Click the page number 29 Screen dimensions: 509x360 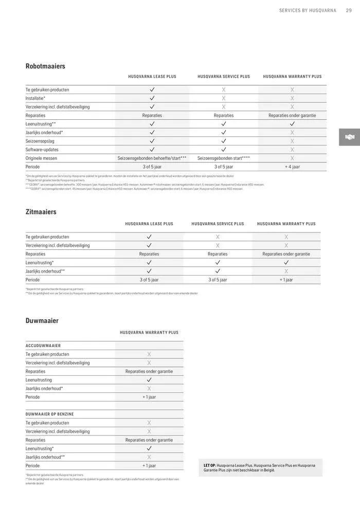coord(349,10)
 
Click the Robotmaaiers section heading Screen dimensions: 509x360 coord(45,66)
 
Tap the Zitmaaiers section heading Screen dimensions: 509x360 coord(41,212)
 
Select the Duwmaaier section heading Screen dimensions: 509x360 coord(42,321)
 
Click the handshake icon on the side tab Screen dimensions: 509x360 coord(350,137)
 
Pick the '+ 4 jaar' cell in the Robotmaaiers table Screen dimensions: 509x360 coord(292,167)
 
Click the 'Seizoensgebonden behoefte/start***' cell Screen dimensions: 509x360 coord(152,158)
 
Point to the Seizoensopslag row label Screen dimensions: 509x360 coord(40,141)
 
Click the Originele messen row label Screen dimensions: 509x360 coord(41,158)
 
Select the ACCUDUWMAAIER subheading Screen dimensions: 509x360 coord(43,346)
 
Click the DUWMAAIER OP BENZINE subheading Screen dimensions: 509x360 coord(50,414)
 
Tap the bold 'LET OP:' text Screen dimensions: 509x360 coord(210,465)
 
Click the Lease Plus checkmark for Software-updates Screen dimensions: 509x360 coord(152,150)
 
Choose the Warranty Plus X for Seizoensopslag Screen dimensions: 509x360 coord(292,141)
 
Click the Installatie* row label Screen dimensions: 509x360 coord(35,98)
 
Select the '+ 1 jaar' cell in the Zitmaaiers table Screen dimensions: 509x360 coord(286,280)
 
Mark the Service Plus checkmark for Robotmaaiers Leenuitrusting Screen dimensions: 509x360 coord(224,124)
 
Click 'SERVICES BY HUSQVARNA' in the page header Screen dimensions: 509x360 coord(308,10)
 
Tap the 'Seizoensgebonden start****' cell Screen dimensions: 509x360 coord(224,158)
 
